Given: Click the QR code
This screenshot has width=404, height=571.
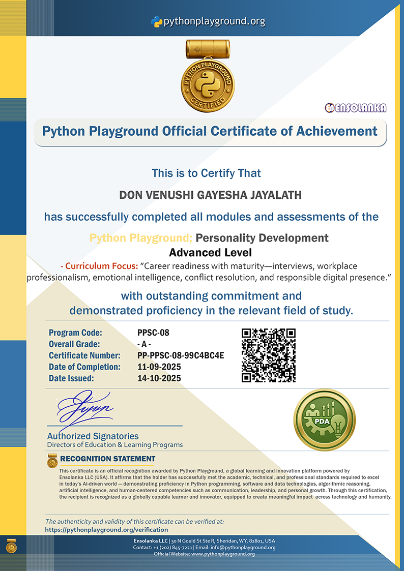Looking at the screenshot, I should click(x=269, y=355).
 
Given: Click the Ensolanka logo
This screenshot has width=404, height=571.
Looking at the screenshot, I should click(x=356, y=108).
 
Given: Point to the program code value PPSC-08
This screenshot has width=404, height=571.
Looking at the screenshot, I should click(x=153, y=333).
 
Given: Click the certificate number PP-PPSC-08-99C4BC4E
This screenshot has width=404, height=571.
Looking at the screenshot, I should click(x=181, y=355).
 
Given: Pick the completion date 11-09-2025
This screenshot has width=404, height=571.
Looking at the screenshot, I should click(x=159, y=367).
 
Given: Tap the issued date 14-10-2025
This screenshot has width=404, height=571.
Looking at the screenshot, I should click(x=159, y=378).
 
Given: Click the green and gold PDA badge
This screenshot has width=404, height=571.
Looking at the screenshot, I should click(x=324, y=419).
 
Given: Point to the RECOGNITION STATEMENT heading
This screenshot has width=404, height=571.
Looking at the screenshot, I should click(x=107, y=459).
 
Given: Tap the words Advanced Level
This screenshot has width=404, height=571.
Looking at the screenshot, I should click(x=210, y=252).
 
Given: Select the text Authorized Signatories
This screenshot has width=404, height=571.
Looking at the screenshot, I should click(x=93, y=436).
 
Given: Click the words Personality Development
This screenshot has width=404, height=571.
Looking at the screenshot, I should click(x=262, y=238).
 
